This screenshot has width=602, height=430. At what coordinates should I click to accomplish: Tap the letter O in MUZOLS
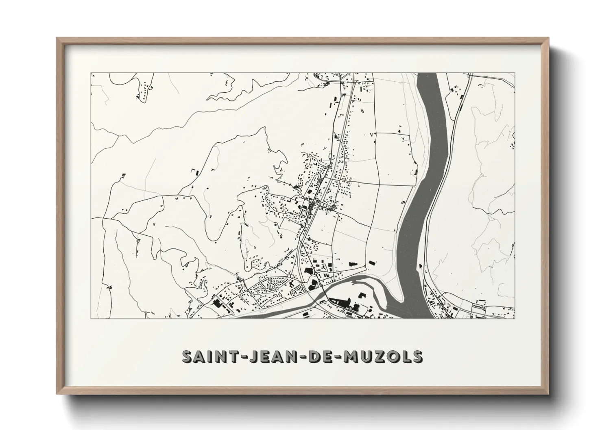coord(394,356)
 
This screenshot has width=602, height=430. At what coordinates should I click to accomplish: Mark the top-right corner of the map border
coord(515,73)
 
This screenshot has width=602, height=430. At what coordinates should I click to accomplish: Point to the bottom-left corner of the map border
coord(91,318)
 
